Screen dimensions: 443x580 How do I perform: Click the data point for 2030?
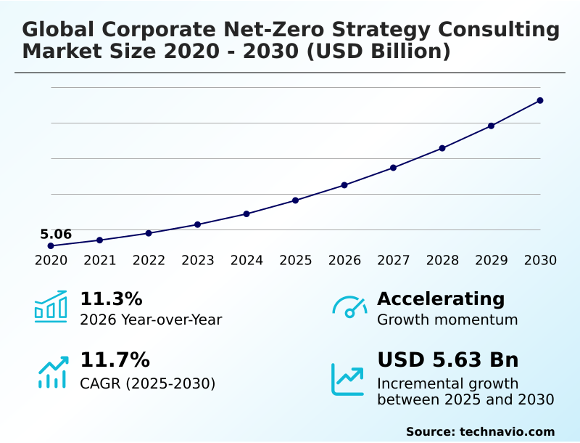[540, 100]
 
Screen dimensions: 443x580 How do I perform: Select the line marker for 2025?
[296, 200]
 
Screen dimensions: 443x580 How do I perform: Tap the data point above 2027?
[393, 168]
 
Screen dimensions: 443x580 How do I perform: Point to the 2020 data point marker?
[51, 245]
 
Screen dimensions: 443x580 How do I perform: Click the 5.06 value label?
[56, 234]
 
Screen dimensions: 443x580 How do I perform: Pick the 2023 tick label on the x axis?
[198, 261]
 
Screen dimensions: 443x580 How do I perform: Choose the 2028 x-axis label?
[442, 261]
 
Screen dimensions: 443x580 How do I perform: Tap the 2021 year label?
[100, 261]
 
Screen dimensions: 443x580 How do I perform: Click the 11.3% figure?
[111, 299]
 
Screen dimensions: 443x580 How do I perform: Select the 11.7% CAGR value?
[115, 360]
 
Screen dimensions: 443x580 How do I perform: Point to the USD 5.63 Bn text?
[448, 360]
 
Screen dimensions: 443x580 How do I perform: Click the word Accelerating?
[441, 299]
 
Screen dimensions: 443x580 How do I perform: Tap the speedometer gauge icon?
[349, 307]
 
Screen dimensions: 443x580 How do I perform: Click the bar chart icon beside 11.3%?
[51, 307]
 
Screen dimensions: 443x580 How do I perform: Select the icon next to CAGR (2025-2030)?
[52, 372]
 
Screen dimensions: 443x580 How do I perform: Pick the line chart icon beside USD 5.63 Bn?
[348, 379]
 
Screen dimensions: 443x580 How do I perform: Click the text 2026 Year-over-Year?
[151, 320]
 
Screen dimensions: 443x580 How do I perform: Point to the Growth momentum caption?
[447, 320]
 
